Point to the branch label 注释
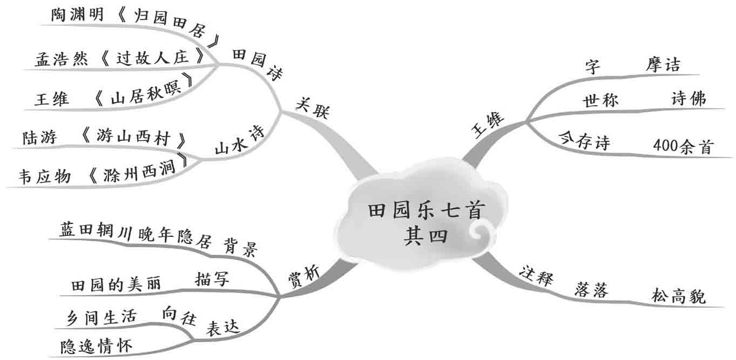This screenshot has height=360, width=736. (x=536, y=276)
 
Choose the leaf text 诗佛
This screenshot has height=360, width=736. (x=688, y=98)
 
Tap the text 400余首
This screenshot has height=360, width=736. (x=683, y=146)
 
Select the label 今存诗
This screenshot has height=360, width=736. (x=585, y=143)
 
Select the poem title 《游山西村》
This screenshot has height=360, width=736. (x=132, y=138)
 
